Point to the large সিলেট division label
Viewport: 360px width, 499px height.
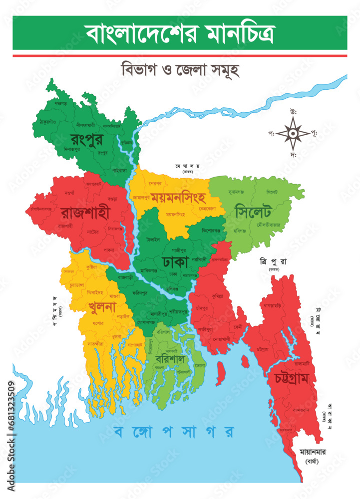click(x=255, y=211)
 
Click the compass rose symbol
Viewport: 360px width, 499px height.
click(x=293, y=133)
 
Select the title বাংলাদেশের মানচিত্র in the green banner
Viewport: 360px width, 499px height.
click(x=180, y=33)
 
